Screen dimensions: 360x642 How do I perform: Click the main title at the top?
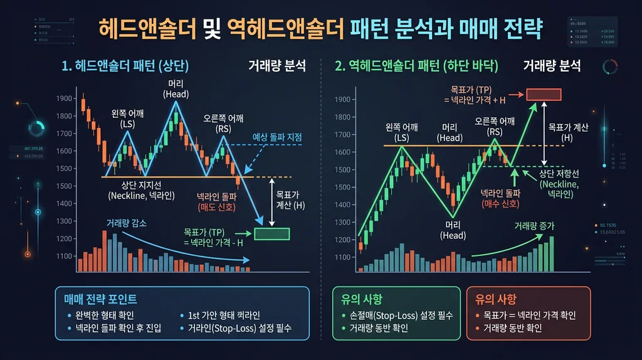coord(321,28)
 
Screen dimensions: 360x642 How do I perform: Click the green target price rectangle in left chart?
coord(271,234)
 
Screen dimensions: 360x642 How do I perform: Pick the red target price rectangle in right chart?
coord(544,94)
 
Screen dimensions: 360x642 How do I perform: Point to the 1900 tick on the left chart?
coord(65,98)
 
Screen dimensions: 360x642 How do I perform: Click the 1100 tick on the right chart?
coord(344,257)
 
